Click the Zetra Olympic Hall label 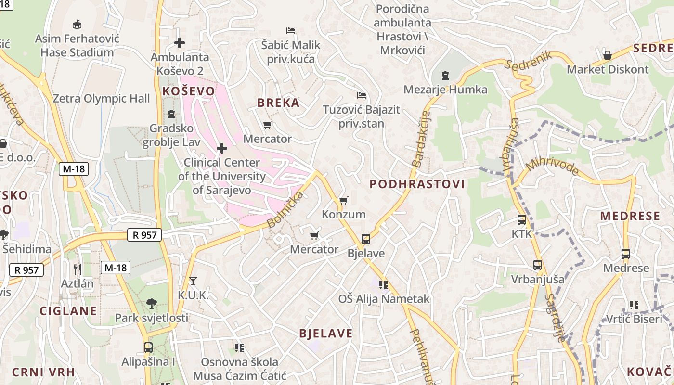tap(101, 99)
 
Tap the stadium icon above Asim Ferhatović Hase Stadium tap(77, 24)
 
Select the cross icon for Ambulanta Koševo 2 tap(180, 43)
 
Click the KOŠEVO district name tap(188, 91)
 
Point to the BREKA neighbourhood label tap(278, 103)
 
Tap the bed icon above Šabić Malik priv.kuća tap(291, 31)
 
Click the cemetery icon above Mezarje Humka tap(445, 76)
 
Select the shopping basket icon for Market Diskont tap(608, 55)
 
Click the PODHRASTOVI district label tap(417, 184)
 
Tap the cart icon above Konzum tap(343, 200)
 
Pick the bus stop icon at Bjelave tap(366, 239)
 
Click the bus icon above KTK tap(522, 220)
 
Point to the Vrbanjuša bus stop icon tap(538, 265)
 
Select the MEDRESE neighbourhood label tap(630, 216)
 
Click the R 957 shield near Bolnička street tap(144, 235)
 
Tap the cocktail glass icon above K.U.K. tap(193, 281)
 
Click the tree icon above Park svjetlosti tap(152, 303)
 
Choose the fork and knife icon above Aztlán tap(77, 269)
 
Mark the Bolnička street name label tap(285, 210)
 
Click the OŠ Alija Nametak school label tap(384, 299)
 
